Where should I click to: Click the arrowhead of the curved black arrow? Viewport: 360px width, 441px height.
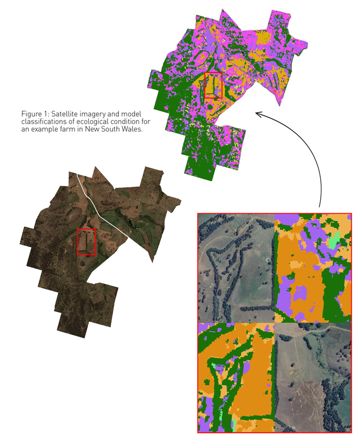(259, 114)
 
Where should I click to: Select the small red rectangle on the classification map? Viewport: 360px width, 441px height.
(213, 84)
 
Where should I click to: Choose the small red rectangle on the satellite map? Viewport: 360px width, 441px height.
(87, 242)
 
